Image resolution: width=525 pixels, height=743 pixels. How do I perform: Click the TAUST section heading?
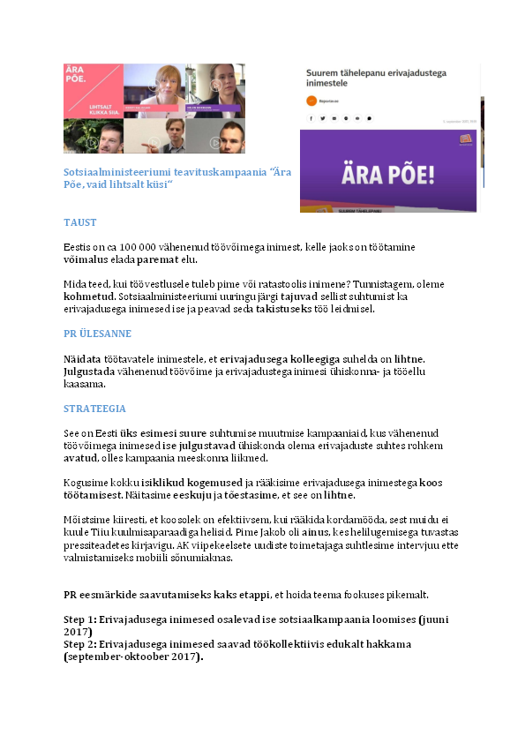79,222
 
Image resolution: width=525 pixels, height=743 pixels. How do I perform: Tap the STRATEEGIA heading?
94,409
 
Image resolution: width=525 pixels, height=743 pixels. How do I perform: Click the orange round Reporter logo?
311,101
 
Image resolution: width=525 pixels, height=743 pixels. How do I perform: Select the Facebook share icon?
311,117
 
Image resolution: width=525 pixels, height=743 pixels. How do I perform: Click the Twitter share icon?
323,117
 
